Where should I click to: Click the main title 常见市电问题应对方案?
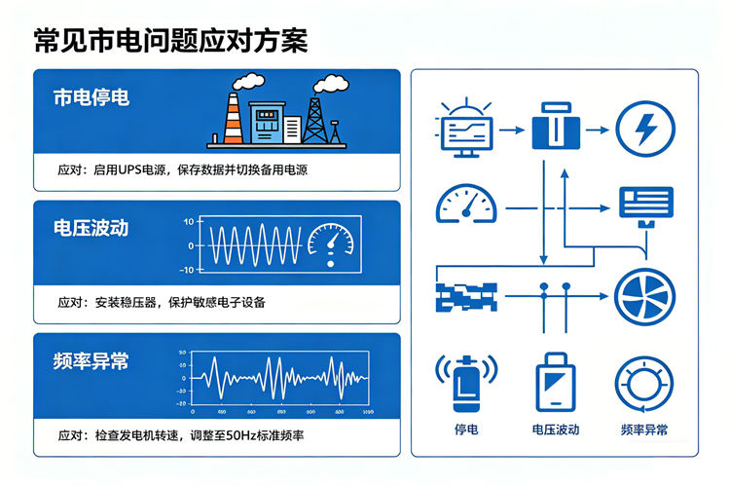click(170, 40)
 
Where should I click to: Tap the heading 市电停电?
click(91, 97)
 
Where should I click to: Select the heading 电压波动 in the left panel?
click(91, 228)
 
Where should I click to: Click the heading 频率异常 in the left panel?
click(91, 360)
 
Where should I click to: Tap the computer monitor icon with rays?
click(465, 130)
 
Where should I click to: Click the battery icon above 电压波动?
click(556, 383)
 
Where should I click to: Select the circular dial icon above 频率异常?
click(644, 383)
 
